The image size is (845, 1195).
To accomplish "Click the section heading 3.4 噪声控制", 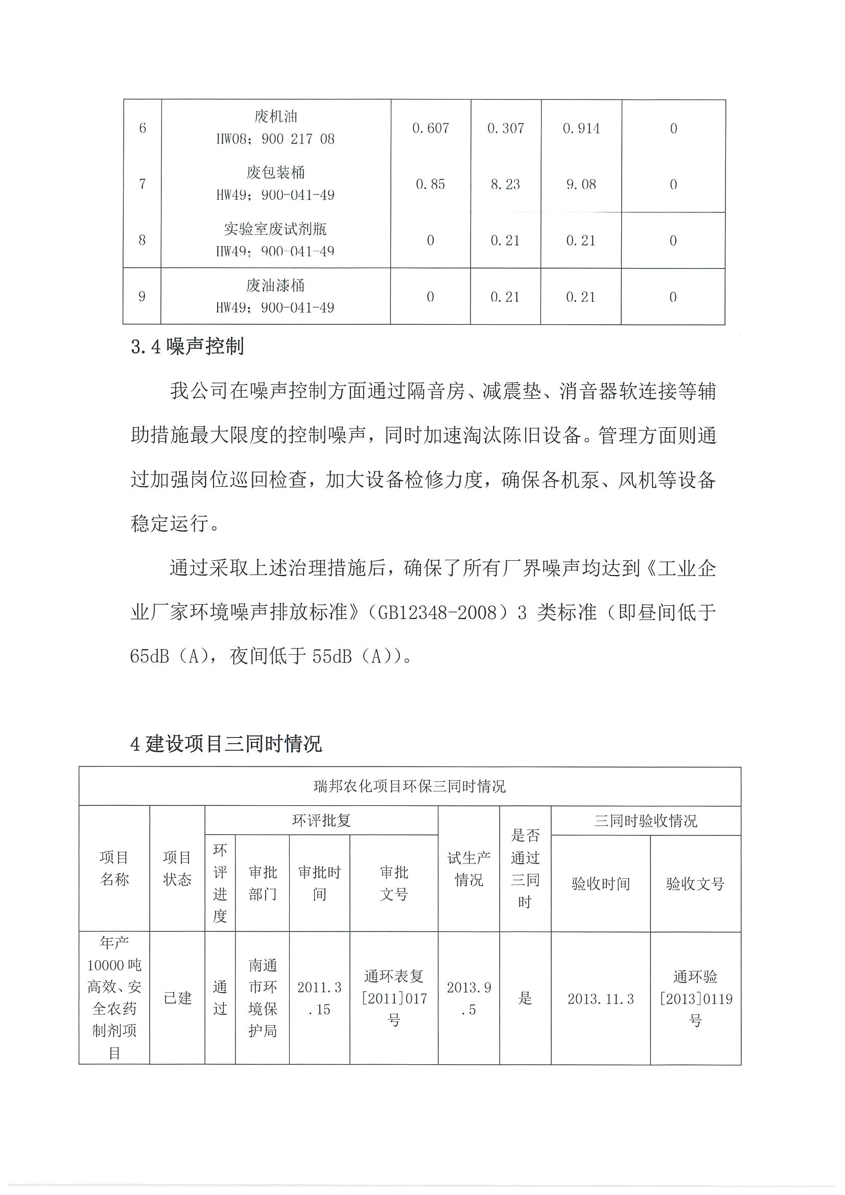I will (187, 347).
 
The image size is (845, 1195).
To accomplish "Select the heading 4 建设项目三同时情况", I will (225, 744).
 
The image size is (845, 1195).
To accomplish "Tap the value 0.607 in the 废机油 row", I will (430, 128).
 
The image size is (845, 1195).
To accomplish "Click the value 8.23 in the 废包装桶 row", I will (505, 184).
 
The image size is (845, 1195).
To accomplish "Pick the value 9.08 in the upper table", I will (581, 184).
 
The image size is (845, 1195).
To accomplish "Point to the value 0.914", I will (581, 128).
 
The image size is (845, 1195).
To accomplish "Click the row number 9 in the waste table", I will (142, 297).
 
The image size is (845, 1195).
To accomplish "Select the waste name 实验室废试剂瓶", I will (275, 229).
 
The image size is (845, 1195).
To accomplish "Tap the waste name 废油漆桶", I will (275, 285).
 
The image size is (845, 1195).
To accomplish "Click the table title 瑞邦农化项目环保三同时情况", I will (409, 786).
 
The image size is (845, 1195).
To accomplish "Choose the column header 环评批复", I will (321, 820).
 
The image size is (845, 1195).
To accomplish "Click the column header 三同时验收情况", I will (646, 821).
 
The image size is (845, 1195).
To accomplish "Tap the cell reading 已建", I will (178, 998).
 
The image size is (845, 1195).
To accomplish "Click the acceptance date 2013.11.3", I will (600, 999).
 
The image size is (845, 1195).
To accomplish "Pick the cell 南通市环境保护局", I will (263, 998).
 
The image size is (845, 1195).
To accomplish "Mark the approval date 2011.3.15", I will (319, 998).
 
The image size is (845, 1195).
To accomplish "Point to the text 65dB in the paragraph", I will (149, 657).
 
